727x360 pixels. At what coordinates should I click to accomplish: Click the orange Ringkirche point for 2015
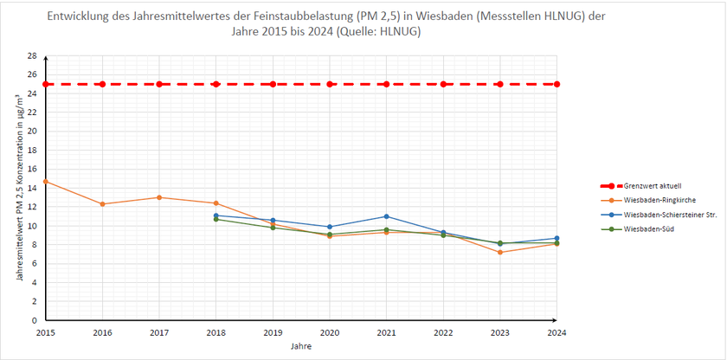pyautogui.click(x=45, y=182)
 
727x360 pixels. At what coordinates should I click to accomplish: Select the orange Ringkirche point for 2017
pyautogui.click(x=159, y=197)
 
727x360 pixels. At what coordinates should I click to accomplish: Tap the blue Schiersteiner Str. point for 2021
pyautogui.click(x=386, y=216)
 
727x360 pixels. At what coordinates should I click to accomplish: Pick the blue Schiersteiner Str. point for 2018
pyautogui.click(x=216, y=215)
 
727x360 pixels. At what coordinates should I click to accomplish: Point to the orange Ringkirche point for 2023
pyautogui.click(x=500, y=252)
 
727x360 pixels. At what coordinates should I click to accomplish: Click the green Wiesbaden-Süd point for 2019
pyautogui.click(x=273, y=228)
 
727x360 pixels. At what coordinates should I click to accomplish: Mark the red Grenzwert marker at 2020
pyautogui.click(x=330, y=84)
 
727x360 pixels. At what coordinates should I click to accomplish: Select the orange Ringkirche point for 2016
pyautogui.click(x=102, y=204)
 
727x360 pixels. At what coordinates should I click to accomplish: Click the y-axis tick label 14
pyautogui.click(x=33, y=188)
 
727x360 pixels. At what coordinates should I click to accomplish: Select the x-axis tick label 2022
pyautogui.click(x=443, y=332)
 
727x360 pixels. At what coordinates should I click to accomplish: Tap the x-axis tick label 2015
pyautogui.click(x=45, y=332)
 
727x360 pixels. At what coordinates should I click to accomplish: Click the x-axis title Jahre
pyautogui.click(x=301, y=346)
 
